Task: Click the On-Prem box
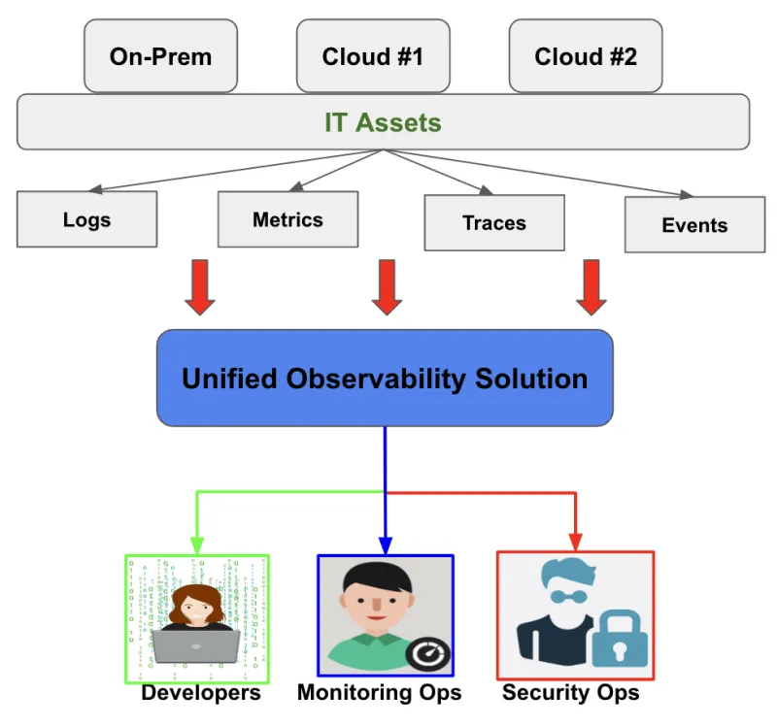click(x=160, y=56)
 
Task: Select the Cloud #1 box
click(x=372, y=56)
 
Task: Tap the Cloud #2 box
click(x=586, y=56)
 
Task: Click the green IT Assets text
click(x=383, y=123)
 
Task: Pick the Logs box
click(x=86, y=219)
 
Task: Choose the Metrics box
click(x=287, y=219)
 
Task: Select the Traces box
click(x=493, y=223)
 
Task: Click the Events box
click(x=694, y=225)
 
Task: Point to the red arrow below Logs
click(x=199, y=287)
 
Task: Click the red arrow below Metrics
click(x=387, y=287)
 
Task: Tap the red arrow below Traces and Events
click(x=591, y=287)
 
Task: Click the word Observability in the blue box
click(x=385, y=379)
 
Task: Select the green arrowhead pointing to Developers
click(x=197, y=546)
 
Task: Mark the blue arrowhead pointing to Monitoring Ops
click(x=386, y=546)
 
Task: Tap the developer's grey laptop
click(x=195, y=644)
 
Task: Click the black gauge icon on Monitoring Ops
click(x=427, y=655)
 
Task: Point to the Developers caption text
click(x=201, y=693)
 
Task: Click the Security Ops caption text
click(x=570, y=693)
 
